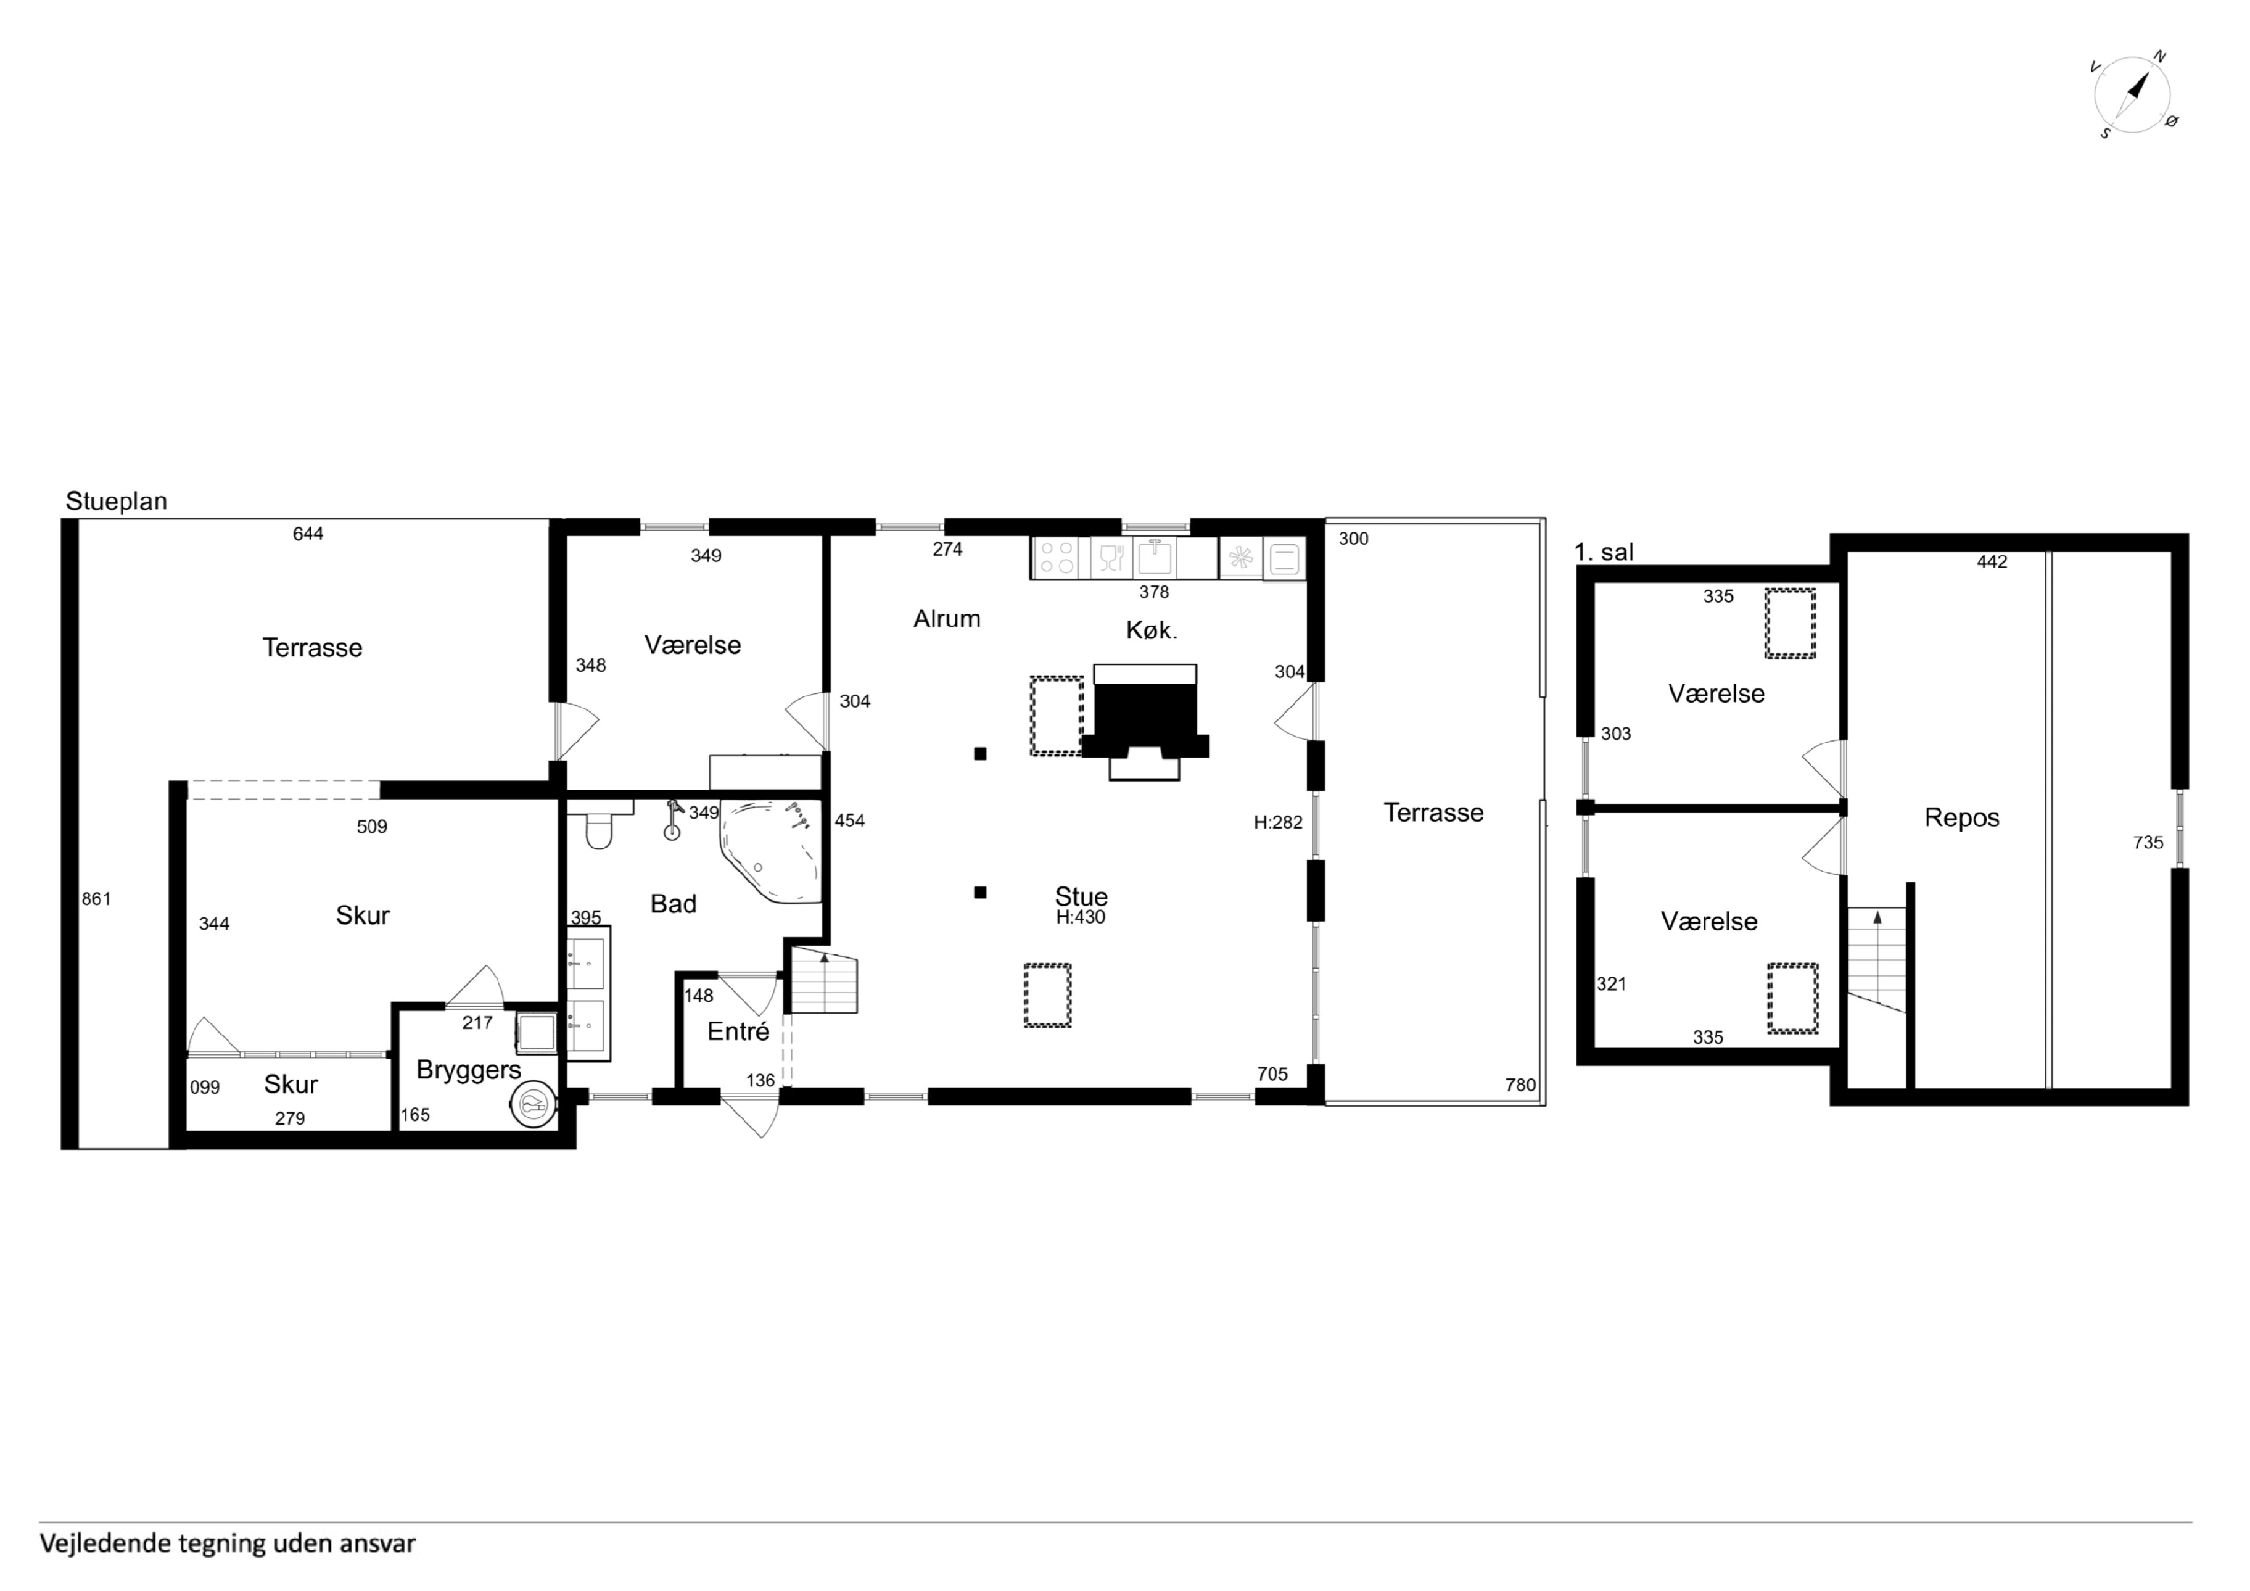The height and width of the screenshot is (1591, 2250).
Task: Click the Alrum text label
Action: [x=947, y=619]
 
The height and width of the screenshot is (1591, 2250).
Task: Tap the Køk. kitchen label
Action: [x=1152, y=630]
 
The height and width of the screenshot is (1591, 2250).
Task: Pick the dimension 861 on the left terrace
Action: [x=96, y=899]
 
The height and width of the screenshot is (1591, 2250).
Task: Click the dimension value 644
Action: [x=308, y=534]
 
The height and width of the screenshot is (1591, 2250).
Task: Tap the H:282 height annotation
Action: [x=1278, y=822]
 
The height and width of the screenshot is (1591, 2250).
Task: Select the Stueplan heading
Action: [x=117, y=501]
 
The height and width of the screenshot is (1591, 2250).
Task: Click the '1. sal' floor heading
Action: [x=1604, y=552]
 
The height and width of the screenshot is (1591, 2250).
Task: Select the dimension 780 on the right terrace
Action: [x=1521, y=1085]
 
